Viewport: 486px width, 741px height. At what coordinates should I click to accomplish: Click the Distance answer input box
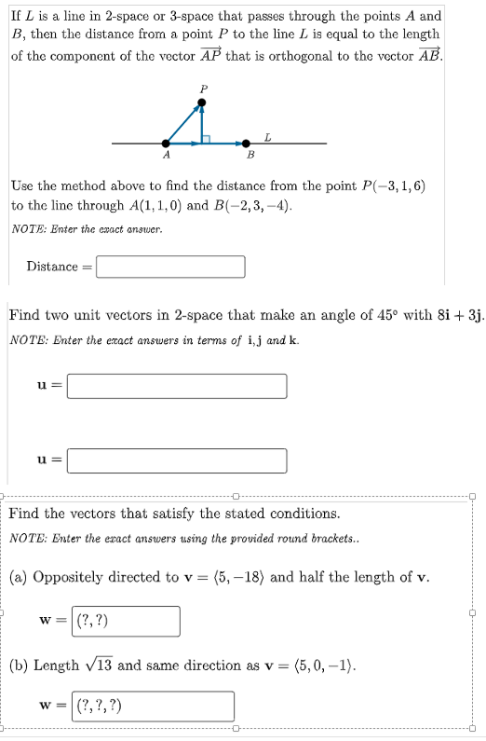tap(170, 267)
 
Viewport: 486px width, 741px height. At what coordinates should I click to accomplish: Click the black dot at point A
tap(167, 144)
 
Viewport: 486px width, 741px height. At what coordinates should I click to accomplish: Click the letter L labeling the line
tap(269, 136)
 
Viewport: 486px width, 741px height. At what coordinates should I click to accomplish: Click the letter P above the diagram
tap(203, 88)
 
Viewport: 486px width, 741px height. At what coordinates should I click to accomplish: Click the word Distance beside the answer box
tap(53, 267)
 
